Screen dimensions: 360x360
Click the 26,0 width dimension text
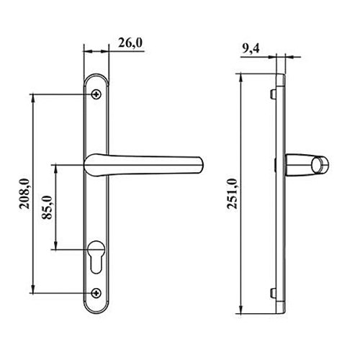click(x=129, y=44)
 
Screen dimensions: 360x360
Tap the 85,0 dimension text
click(x=49, y=208)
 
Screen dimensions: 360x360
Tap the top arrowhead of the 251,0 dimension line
click(x=241, y=75)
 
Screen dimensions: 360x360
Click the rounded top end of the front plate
click(x=96, y=75)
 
